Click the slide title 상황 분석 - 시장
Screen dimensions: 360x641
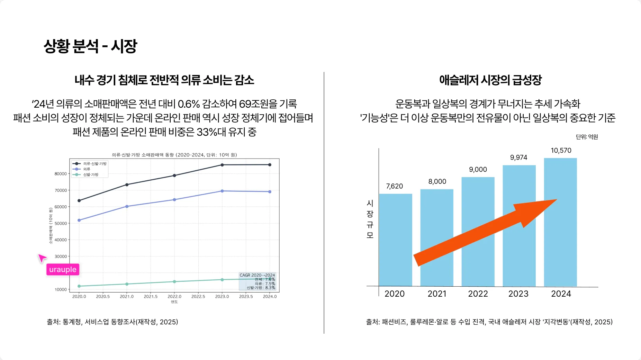pos(90,46)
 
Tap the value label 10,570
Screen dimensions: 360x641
pos(561,151)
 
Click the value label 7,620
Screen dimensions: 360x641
pos(395,186)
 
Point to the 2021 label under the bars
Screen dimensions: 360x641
pos(437,294)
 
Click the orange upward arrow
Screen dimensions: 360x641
pos(485,232)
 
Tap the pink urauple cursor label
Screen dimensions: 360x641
pos(63,270)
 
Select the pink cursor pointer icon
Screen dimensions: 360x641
pos(42,258)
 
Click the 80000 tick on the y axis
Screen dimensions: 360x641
pos(61,174)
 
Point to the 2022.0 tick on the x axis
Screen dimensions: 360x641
pos(174,297)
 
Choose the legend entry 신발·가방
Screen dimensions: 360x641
pos(90,175)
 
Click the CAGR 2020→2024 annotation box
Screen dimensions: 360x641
pos(257,281)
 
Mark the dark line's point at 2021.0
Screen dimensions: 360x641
pos(127,185)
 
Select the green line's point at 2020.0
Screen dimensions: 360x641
pos(79,286)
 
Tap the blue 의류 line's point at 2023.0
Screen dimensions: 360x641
pos(222,191)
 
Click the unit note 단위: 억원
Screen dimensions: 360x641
pos(587,137)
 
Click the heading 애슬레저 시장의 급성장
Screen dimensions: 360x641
pos(490,80)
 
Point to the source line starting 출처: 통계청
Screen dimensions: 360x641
pos(112,322)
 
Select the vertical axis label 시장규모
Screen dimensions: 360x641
pos(370,219)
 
